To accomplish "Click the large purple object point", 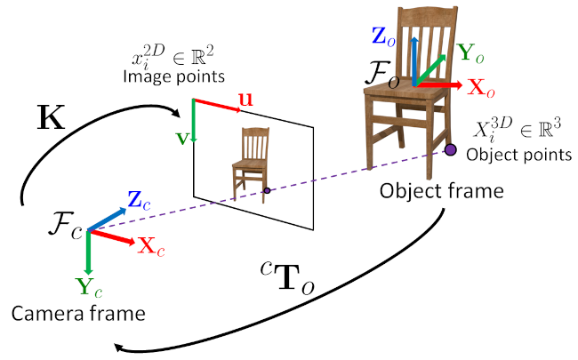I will point(451,149).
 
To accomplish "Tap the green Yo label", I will point(473,53).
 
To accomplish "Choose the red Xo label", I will point(480,91).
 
